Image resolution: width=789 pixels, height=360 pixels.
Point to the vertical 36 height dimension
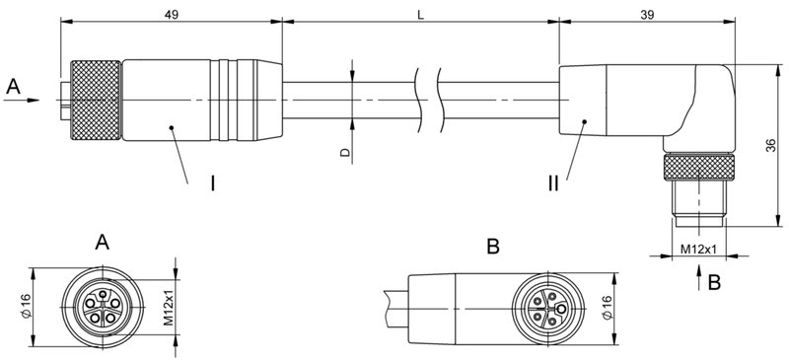click(768, 145)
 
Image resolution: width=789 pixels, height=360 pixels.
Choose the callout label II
click(554, 182)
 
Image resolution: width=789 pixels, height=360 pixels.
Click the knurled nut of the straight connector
click(93, 100)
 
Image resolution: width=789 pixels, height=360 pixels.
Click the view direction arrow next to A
click(32, 100)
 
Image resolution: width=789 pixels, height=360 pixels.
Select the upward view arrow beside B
click(699, 281)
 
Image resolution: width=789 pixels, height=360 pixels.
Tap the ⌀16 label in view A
click(26, 308)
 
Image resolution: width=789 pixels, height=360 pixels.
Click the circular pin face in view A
click(102, 308)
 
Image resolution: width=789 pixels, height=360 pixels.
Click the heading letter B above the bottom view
click(494, 245)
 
